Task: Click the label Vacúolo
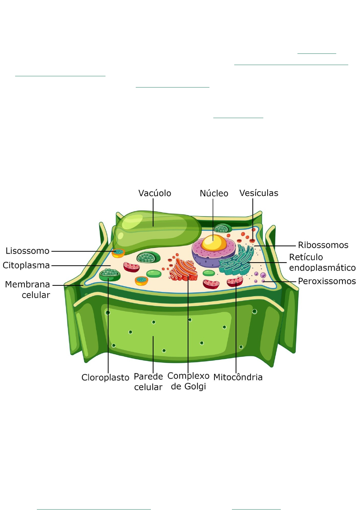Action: [155, 193]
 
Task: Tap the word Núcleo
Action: [214, 193]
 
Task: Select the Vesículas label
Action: [259, 193]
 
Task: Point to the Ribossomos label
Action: [323, 245]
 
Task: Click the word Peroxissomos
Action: [327, 281]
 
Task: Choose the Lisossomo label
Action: [28, 251]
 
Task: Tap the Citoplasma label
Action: [26, 265]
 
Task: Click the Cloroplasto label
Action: [105, 378]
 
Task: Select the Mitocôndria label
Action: [238, 377]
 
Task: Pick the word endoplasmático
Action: [322, 268]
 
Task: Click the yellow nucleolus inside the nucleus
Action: [214, 243]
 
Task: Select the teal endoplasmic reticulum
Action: [236, 261]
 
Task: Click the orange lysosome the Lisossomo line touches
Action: [118, 253]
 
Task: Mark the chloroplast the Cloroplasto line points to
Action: [109, 275]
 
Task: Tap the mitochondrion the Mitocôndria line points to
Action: [235, 282]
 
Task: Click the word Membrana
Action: [28, 285]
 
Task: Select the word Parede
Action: [148, 376]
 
